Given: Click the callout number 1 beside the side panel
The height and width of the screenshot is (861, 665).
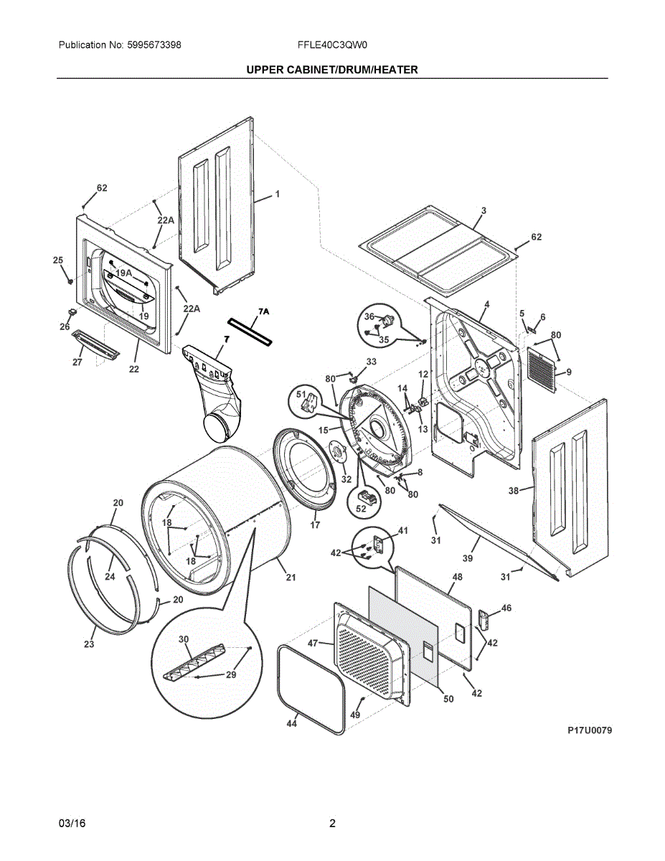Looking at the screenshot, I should [277, 194].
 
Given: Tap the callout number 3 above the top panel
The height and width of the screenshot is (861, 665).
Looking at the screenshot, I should [484, 211].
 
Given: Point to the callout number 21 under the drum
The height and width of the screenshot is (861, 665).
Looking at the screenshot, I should [291, 578].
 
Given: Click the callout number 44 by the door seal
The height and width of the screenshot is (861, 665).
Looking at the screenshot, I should [291, 724].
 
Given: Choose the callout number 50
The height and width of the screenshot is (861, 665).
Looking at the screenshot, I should [448, 699].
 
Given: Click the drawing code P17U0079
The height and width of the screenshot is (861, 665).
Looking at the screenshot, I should [590, 730].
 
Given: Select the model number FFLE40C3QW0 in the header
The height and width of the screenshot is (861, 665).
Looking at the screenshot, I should [332, 45].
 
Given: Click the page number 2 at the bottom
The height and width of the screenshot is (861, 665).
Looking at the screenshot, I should [332, 823].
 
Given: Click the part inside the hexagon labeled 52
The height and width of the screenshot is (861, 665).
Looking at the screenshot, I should [367, 496].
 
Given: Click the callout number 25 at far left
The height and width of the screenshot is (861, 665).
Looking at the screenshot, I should [58, 260].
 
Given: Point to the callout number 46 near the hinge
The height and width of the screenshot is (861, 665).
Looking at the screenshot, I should [506, 608].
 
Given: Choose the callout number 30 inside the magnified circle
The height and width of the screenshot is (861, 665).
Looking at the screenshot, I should [184, 639].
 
